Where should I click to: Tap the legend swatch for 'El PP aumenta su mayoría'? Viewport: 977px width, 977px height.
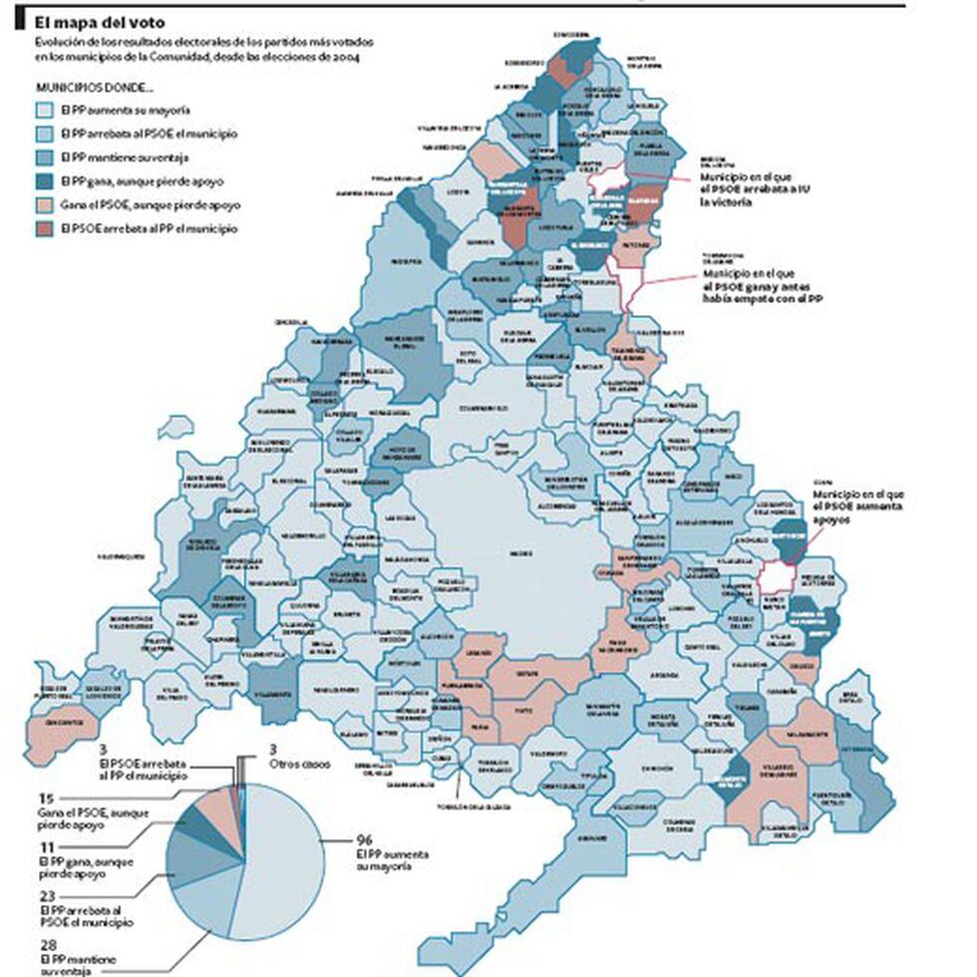tap(45, 110)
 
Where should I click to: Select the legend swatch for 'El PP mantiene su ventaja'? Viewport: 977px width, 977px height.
tap(45, 158)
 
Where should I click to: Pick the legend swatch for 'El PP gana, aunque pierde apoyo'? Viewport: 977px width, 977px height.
tap(45, 181)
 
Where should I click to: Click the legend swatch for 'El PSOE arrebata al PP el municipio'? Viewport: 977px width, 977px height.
tap(45, 229)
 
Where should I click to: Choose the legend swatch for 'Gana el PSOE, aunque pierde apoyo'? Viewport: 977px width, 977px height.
tap(45, 205)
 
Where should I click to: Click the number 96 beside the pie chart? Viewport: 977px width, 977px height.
tap(364, 838)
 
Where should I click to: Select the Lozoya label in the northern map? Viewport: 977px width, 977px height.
tap(458, 191)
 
